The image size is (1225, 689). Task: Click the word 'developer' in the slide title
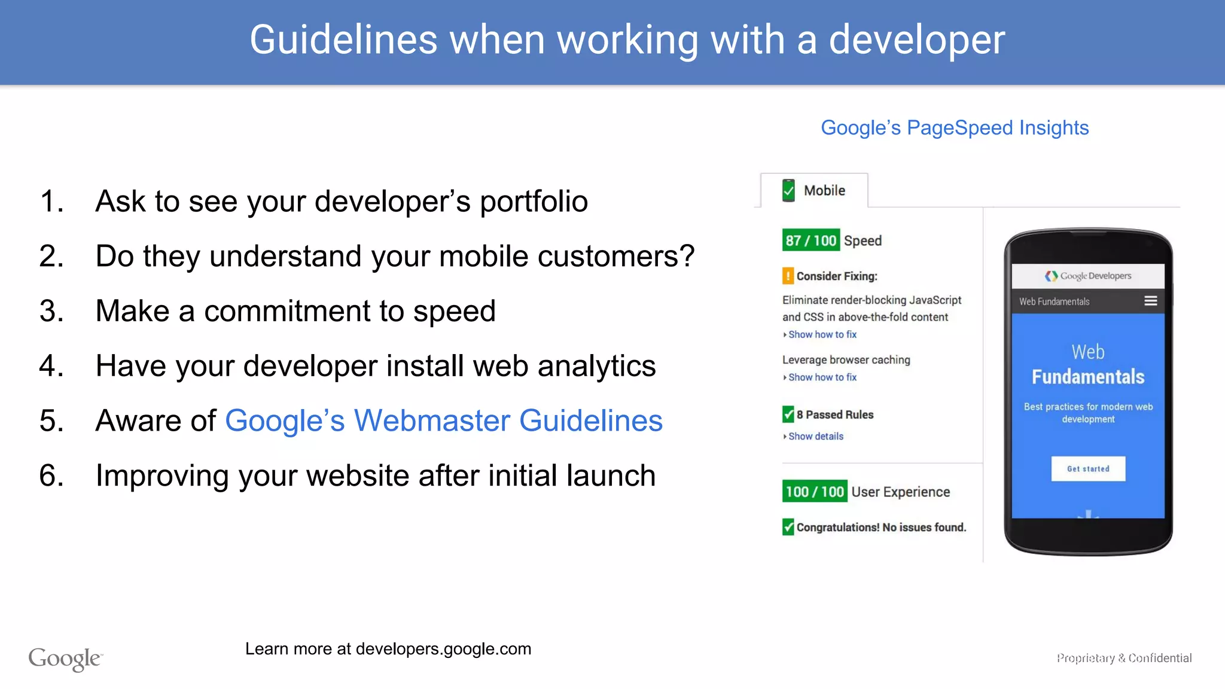916,41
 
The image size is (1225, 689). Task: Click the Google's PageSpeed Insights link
955,128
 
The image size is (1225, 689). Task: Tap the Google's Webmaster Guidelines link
443,420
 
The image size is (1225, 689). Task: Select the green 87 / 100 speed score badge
810,240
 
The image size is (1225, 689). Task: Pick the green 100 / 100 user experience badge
815,492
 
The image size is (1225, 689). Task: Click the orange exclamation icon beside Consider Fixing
788,276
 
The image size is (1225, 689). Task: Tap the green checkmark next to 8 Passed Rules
788,414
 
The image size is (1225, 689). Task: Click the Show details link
815,437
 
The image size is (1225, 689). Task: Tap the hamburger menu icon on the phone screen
1150,301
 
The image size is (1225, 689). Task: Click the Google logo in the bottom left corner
65,658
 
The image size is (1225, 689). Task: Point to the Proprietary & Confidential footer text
1124,658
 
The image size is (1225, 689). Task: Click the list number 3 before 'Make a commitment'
51,311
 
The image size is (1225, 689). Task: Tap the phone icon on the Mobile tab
788,190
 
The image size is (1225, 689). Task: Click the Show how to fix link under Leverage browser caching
822,377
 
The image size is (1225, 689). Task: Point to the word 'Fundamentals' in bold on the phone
1088,377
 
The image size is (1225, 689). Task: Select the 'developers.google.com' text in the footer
443,649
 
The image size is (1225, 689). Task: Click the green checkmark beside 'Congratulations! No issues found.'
788,527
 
